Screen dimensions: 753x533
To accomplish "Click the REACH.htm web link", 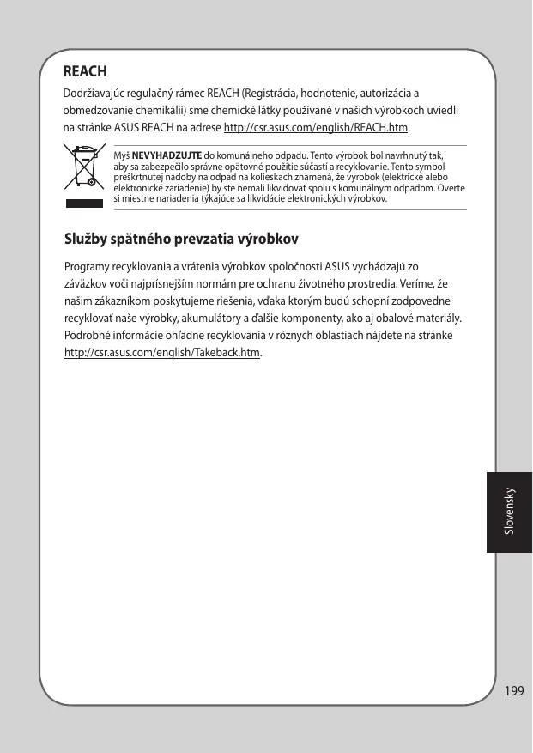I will click(x=316, y=129).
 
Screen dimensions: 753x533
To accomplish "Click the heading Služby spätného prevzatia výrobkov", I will click(x=181, y=237).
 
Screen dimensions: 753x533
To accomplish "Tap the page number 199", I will click(x=514, y=690).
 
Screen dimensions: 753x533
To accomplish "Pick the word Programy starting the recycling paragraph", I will click(x=87, y=266).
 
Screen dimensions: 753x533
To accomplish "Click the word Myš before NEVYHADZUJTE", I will click(x=121, y=155).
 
